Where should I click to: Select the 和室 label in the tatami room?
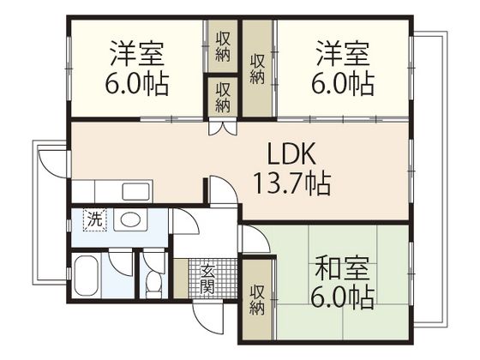342,268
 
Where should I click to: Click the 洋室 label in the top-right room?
342,54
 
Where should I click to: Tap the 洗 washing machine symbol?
95,219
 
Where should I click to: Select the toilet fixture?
153,281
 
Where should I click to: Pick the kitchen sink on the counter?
135,190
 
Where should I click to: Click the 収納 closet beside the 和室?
257,299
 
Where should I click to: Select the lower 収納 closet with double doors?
223,96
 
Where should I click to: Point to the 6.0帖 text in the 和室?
342,297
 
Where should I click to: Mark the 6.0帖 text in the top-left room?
138,84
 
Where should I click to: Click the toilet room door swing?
154,258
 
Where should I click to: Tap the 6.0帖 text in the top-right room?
342,84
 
